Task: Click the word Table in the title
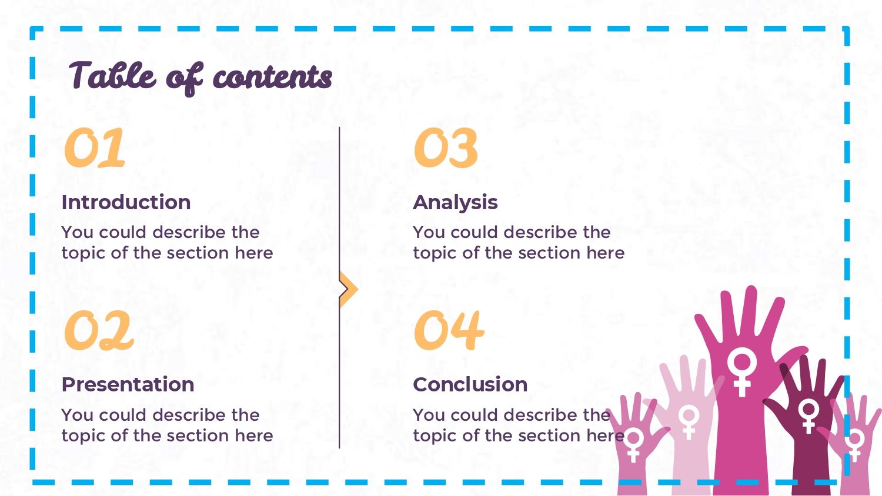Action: [x=113, y=75]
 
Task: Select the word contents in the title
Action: [x=272, y=76]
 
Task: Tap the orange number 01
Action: [x=95, y=148]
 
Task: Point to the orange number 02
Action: [x=99, y=330]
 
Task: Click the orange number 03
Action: [x=446, y=148]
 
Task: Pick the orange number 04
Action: [x=449, y=330]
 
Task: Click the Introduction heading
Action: [x=126, y=202]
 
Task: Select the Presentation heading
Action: [x=128, y=384]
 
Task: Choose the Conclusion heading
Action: [x=470, y=384]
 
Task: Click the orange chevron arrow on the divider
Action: [x=349, y=289]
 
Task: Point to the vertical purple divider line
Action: [x=339, y=287]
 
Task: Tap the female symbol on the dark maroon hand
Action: [x=808, y=415]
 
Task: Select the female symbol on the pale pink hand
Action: [x=689, y=422]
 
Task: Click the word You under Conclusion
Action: [x=429, y=415]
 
